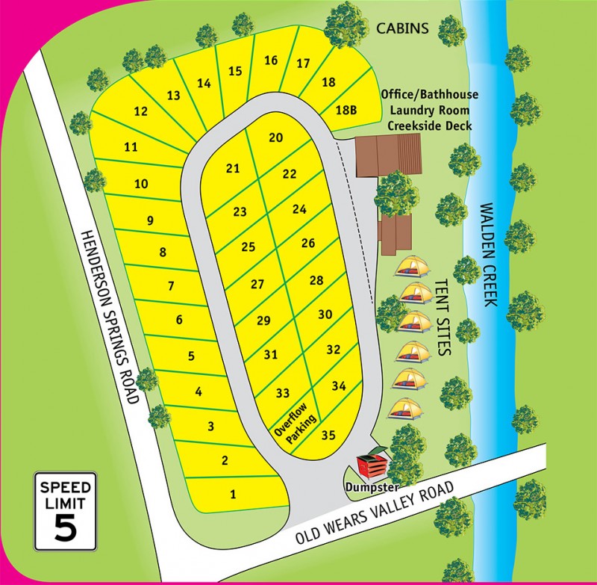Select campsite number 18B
(x=346, y=110)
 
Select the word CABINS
(x=403, y=28)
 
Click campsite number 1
(x=233, y=493)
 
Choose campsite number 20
(x=276, y=137)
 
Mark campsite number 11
(x=131, y=147)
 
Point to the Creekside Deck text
(x=429, y=126)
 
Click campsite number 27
(x=257, y=284)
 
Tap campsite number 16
(x=271, y=61)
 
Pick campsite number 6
(x=179, y=321)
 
